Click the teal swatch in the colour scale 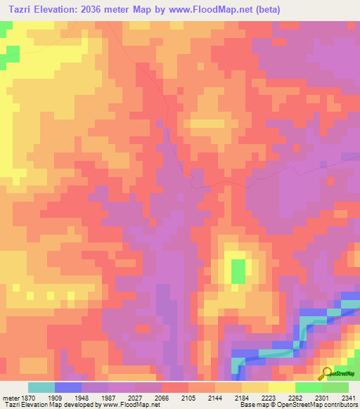pyautogui.click(x=41, y=387)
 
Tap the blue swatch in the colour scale pyautogui.click(x=68, y=387)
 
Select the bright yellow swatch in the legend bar pyautogui.click(x=281, y=387)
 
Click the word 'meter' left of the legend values pyautogui.click(x=11, y=397)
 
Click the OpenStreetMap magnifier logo pyautogui.click(x=326, y=373)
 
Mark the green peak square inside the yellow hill pyautogui.click(x=239, y=271)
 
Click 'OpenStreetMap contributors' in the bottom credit pyautogui.click(x=317, y=405)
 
